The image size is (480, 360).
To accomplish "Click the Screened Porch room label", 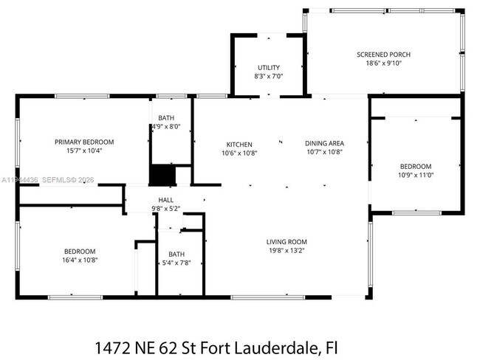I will (x=383, y=55).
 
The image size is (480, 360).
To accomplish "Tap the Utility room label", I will (x=269, y=67).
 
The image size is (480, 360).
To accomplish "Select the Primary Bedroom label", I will (x=84, y=142).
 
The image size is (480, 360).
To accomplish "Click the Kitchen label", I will (x=239, y=144).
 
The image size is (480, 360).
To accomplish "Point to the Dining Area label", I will (x=324, y=143).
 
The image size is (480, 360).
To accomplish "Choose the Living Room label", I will (x=287, y=242).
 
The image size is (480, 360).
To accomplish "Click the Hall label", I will (x=166, y=200).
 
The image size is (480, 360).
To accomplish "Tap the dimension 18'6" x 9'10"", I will (x=383, y=63).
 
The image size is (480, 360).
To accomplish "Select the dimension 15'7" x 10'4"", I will (x=84, y=150).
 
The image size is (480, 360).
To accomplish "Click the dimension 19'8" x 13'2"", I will (x=287, y=251).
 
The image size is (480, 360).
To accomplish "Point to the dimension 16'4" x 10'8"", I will (x=79, y=260).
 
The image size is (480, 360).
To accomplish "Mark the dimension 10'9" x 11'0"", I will (x=415, y=175).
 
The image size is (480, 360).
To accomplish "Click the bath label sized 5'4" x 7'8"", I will (x=176, y=254).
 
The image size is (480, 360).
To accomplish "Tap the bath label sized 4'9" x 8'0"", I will (x=166, y=118).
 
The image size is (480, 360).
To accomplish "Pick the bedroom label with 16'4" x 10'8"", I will (x=79, y=251).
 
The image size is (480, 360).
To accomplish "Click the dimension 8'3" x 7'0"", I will (x=269, y=76).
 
